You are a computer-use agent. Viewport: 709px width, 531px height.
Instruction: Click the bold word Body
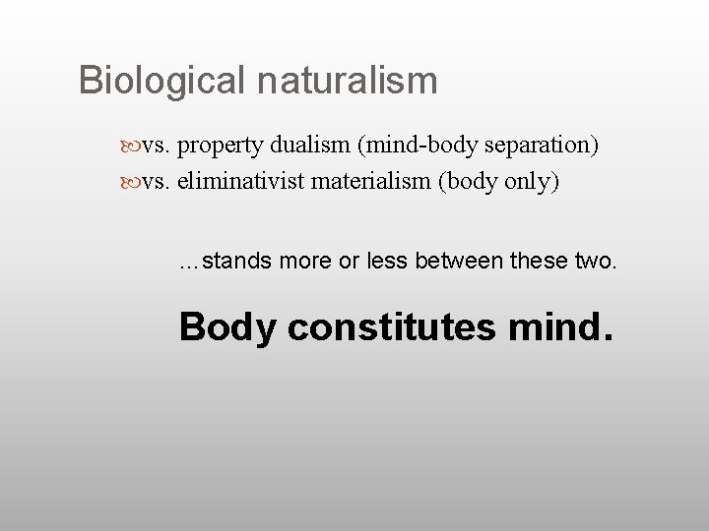pos(228,327)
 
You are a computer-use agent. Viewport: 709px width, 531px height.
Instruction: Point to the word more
pos(305,263)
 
